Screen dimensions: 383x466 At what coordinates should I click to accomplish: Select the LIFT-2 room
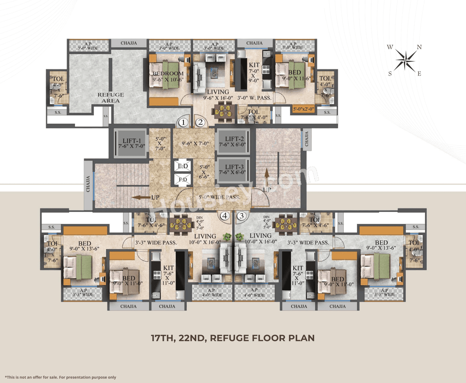coord(233,141)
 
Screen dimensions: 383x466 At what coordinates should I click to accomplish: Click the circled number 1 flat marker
coord(183,122)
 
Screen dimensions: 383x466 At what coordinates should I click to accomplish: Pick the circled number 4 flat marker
coord(225,216)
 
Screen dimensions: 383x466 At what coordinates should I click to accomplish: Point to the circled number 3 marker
coord(241,216)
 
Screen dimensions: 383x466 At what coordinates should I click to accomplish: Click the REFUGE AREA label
coord(111,97)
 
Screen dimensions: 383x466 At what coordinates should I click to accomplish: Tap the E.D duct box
coord(182,166)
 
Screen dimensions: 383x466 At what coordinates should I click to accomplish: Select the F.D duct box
coord(182,180)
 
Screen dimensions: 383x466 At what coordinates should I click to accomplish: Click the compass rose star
coord(405,60)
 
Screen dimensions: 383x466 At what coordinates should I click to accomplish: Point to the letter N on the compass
coord(419,47)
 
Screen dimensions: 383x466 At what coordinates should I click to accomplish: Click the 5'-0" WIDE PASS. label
coord(219,197)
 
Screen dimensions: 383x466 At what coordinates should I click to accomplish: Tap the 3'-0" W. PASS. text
coord(254,98)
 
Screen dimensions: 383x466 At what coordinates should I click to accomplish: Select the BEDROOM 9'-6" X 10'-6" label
coord(168,76)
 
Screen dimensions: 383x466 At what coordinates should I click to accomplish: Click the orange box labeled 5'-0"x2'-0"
coord(304,109)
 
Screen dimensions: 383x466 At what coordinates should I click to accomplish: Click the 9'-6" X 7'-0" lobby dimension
coord(195,144)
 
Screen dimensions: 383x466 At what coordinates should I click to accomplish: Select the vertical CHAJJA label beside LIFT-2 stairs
coord(307,139)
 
